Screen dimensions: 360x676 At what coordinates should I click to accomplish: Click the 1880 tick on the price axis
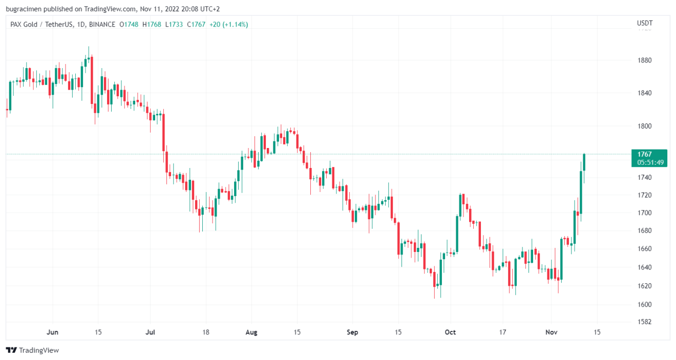point(644,60)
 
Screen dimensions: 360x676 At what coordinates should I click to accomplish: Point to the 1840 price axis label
point(644,93)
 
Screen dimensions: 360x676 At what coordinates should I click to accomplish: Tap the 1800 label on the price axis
point(644,126)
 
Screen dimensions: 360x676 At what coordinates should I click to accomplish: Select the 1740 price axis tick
point(644,177)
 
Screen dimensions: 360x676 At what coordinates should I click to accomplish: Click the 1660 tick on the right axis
point(644,249)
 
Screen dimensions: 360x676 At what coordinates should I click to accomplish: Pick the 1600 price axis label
point(644,304)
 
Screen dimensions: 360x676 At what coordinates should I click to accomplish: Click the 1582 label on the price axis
point(644,322)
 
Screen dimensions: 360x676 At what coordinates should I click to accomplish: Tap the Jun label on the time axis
point(52,332)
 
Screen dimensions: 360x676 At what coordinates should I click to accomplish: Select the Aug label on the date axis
point(251,332)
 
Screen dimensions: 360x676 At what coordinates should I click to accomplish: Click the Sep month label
point(352,332)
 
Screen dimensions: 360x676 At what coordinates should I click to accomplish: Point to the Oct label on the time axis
point(451,332)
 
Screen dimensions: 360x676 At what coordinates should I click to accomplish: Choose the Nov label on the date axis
point(551,332)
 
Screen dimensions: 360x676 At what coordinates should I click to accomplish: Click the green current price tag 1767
point(644,154)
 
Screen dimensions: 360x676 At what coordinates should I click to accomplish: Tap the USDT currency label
point(644,23)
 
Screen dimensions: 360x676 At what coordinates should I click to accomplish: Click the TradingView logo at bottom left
point(33,350)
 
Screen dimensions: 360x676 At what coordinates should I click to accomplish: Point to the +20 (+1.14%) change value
point(228,24)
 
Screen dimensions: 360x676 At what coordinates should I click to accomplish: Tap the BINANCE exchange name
point(102,24)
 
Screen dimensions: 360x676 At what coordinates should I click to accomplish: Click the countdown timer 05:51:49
point(650,162)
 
